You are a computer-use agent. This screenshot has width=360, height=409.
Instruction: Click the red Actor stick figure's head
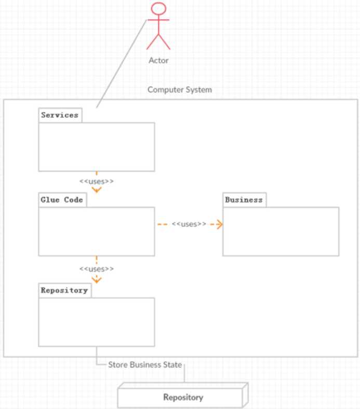(158, 9)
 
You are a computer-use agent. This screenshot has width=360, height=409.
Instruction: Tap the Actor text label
(158, 60)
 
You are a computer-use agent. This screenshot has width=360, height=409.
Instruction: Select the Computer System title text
(180, 89)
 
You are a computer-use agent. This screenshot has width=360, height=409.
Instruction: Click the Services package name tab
(60, 115)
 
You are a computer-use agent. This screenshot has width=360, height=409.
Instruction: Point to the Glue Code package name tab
(62, 200)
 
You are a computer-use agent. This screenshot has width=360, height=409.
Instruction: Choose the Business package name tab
(244, 200)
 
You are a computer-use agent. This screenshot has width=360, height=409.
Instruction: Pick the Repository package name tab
(64, 290)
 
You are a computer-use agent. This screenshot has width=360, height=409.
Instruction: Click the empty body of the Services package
(96, 147)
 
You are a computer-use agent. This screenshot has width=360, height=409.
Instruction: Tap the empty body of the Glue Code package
(96, 231)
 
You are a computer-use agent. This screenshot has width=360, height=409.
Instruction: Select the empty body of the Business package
(281, 231)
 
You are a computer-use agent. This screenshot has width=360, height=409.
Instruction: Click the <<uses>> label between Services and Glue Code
(96, 181)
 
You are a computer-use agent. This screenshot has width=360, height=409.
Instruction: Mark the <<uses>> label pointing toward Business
(189, 224)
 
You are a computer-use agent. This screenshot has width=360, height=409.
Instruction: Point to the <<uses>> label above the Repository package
(96, 269)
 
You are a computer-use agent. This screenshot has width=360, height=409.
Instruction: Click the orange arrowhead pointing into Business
(220, 224)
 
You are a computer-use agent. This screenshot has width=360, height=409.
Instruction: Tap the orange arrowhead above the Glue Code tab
(96, 189)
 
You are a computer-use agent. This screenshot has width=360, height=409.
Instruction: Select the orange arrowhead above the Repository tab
(96, 279)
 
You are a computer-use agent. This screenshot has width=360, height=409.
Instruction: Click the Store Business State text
(145, 364)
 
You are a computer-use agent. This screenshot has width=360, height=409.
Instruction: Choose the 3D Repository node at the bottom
(183, 398)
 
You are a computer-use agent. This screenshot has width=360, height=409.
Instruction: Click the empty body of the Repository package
(96, 322)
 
